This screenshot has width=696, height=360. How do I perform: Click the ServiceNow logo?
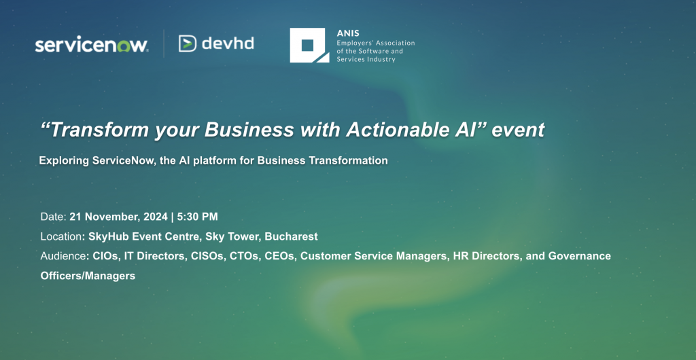pos(92,45)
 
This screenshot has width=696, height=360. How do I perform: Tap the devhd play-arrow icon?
pos(188,43)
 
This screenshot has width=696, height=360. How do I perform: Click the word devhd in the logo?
pos(228,43)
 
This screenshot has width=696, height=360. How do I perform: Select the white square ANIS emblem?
pos(309,46)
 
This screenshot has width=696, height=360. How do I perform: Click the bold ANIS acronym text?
pos(348,33)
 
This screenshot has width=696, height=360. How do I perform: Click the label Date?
pos(53,217)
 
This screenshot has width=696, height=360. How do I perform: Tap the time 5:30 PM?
pos(198,217)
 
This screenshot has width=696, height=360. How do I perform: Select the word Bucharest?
pos(291,236)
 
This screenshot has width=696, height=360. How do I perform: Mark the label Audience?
pos(65,256)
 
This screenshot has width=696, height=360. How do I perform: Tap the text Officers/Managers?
pos(88,275)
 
